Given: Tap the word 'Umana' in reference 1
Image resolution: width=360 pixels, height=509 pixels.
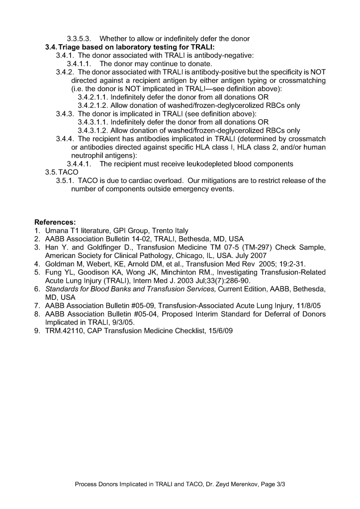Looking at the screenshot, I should [58, 230].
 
